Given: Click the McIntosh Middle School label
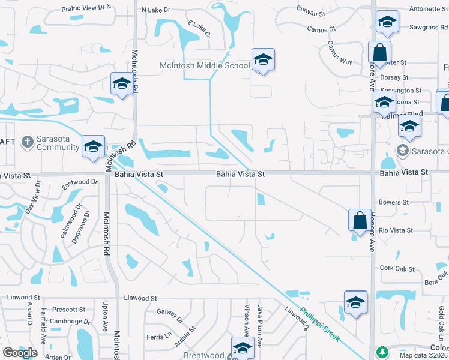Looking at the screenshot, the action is click(x=204, y=65).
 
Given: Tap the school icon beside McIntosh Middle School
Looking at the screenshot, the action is click(x=262, y=60).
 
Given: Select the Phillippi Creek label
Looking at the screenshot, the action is click(x=320, y=325).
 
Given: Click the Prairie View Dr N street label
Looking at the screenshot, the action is click(x=87, y=7).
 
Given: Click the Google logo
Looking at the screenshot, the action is click(x=20, y=353).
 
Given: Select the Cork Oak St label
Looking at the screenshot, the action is click(x=393, y=267).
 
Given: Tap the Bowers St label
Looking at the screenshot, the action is click(x=393, y=202).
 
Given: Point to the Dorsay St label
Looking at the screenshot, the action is click(x=394, y=77).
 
